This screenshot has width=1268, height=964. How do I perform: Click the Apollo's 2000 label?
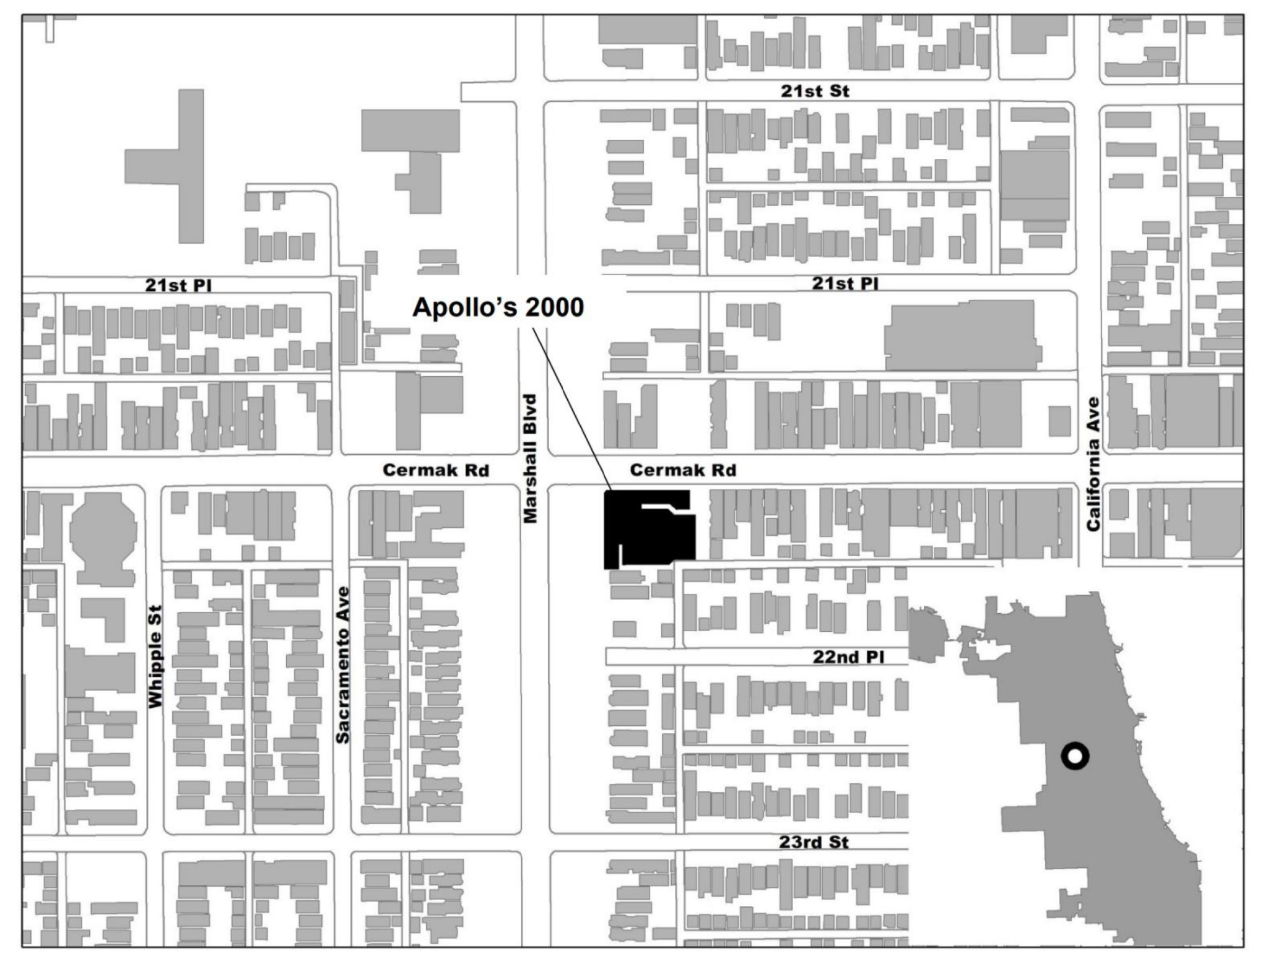[498, 307]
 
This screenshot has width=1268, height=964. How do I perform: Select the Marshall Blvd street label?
[530, 458]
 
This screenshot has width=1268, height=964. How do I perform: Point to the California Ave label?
[1093, 464]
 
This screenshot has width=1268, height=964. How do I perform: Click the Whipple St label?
[155, 656]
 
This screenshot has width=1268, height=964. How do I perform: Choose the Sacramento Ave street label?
[342, 665]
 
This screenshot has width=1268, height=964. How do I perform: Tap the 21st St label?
[814, 91]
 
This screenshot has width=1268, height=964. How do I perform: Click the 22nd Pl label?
[848, 656]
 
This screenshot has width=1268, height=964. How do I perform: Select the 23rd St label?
[814, 842]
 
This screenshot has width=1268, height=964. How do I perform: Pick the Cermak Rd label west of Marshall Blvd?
[436, 470]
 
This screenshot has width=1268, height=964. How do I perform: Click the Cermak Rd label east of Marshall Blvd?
[683, 470]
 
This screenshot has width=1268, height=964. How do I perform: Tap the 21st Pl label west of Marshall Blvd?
[178, 285]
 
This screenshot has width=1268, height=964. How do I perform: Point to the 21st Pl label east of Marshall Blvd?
[845, 283]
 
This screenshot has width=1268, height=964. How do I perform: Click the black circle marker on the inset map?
[1075, 756]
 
